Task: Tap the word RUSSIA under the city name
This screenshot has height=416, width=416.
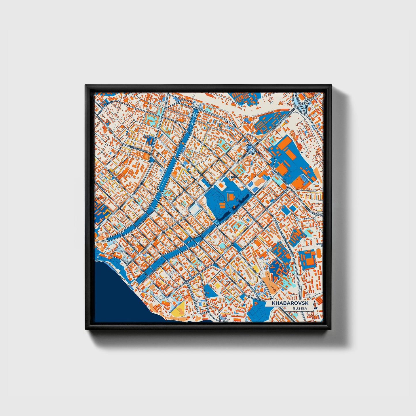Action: pos(299,309)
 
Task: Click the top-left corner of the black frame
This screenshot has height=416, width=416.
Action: pos(86,86)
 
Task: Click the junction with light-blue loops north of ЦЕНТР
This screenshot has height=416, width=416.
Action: pos(251,149)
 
